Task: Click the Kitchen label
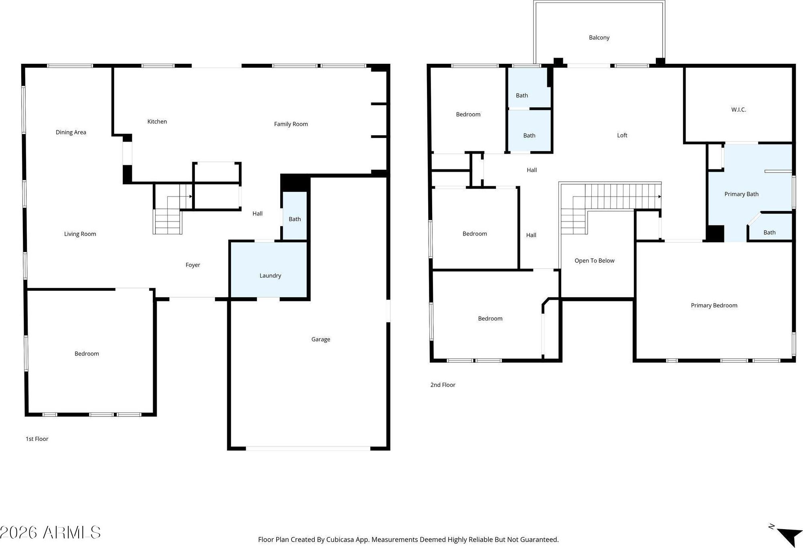coord(157,122)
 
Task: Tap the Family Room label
coord(291,124)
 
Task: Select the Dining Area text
coord(71,132)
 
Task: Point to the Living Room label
coord(80,234)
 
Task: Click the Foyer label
coord(193,265)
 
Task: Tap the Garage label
coord(321,339)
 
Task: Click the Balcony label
coord(599,37)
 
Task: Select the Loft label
coord(622,135)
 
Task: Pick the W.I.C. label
coord(738,110)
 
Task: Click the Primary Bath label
coord(742,194)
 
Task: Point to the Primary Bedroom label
coord(714,305)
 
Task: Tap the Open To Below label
coord(595,261)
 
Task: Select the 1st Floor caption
coord(37,439)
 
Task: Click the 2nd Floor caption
coord(443,385)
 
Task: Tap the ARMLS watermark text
coord(72,533)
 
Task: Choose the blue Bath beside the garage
coord(295,216)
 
